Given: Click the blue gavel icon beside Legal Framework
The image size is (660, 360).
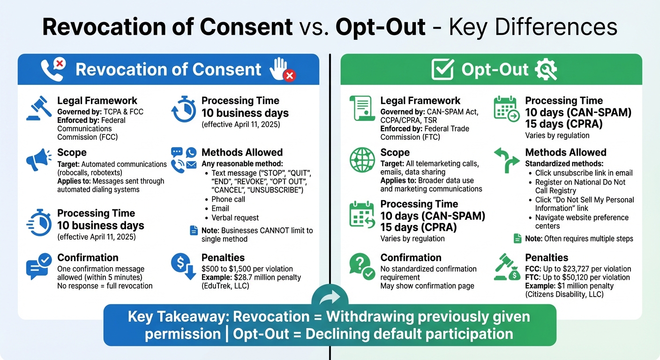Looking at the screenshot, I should [x=39, y=108].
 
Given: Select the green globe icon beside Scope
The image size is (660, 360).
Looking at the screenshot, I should [x=362, y=160].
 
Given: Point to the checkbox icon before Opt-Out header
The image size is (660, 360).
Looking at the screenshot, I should [x=442, y=70].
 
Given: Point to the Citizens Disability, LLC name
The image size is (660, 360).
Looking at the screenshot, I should [x=564, y=294].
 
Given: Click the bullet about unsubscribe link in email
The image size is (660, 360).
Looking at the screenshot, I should [x=584, y=173].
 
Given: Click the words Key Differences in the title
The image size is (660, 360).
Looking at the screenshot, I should [x=532, y=28].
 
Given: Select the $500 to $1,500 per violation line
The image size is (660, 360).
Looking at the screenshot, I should [x=247, y=269].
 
